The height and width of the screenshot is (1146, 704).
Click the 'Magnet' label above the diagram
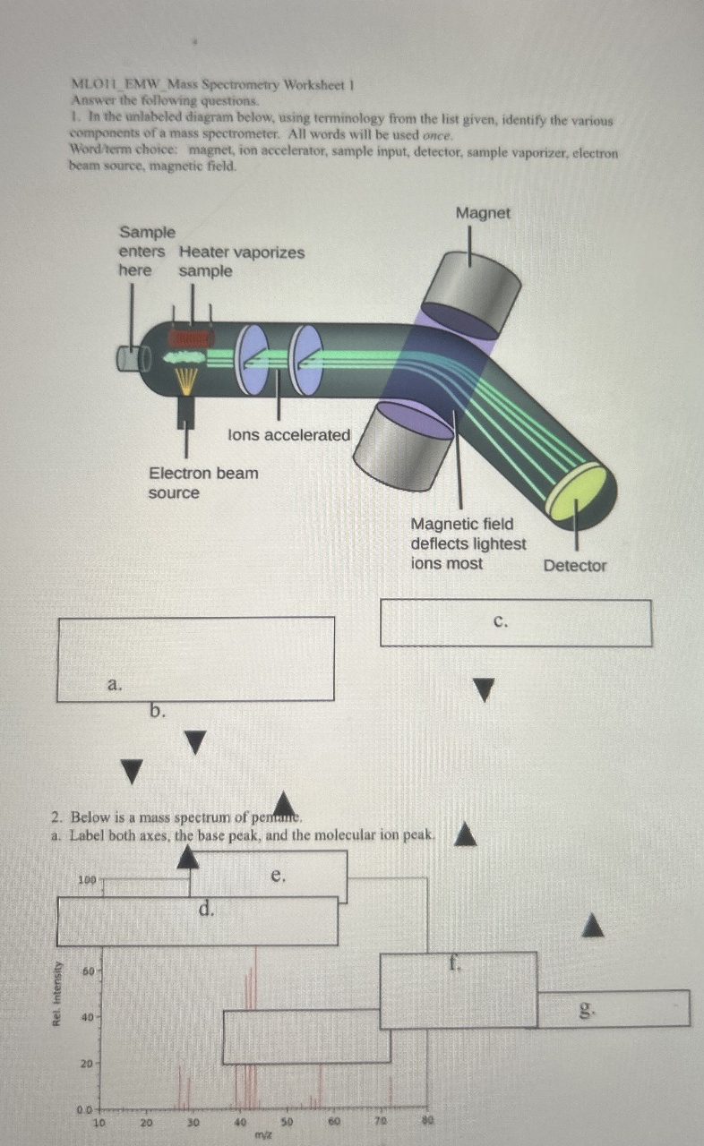point(483,213)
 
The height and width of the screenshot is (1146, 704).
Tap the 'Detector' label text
point(574,566)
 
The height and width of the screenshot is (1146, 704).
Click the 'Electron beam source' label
point(202,483)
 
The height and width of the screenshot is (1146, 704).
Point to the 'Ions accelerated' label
point(289,435)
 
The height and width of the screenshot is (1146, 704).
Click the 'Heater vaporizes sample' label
point(242,261)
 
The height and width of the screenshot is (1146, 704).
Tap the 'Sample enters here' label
point(147,252)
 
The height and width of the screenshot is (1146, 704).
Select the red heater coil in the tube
point(189,338)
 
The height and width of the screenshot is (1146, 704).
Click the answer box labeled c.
point(515,623)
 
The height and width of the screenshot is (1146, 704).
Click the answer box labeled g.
point(614,1008)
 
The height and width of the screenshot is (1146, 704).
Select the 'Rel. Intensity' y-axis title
point(58,993)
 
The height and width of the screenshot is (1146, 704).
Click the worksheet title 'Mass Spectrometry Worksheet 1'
point(214,86)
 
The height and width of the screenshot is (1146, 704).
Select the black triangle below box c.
point(484,689)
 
